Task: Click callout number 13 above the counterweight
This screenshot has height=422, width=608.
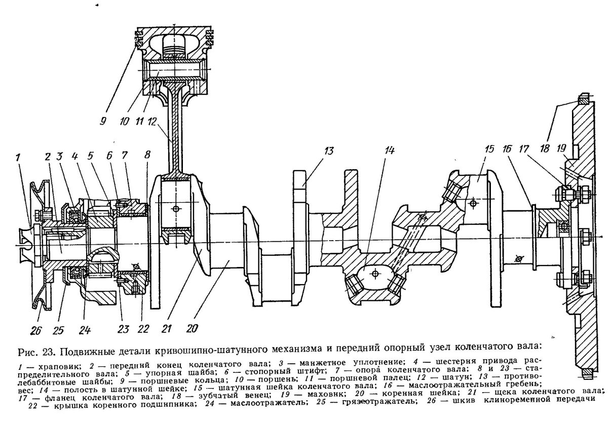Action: click(330, 150)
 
